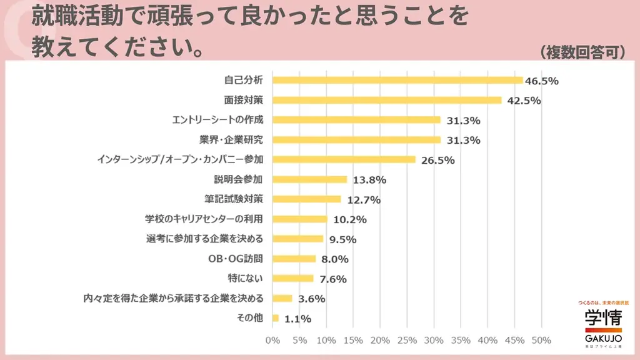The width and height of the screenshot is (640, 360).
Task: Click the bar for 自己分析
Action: pos(397,80)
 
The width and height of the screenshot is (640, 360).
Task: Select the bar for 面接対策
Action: pos(387,100)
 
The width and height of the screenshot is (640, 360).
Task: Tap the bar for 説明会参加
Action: pos(309,179)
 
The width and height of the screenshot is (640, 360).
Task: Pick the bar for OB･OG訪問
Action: pos(294,259)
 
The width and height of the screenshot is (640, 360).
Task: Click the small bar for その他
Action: pos(276,318)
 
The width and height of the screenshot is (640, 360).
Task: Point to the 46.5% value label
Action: pos(541,81)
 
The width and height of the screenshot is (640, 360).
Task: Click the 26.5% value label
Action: pos(437,160)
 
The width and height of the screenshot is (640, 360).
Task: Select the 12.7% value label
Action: pos(362,200)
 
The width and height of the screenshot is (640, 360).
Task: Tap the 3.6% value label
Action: pos(312,299)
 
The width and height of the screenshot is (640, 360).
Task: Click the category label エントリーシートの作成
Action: pos(217,119)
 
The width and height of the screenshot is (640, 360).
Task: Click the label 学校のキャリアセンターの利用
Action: pos(204,219)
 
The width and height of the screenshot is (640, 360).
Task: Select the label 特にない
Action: pos(246,278)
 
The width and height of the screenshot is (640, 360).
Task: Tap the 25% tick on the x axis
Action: pos(407,341)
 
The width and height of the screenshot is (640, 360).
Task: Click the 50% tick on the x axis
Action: pos(541,341)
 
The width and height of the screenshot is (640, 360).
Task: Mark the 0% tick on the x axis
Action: pos(272,341)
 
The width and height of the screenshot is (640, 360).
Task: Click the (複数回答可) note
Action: pos(583,52)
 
